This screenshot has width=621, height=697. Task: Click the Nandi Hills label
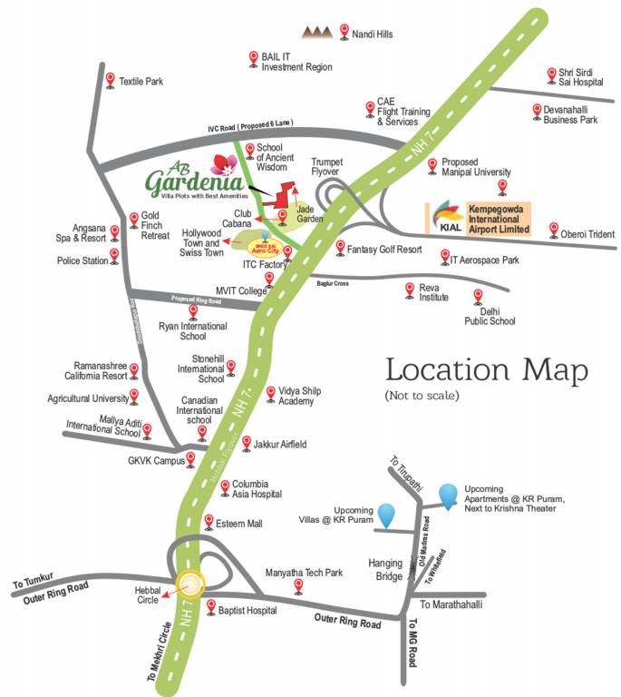tap(373, 34)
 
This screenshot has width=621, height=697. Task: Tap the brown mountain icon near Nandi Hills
tap(316, 33)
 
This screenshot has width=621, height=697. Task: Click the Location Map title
tap(487, 370)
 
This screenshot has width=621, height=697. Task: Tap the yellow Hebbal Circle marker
tap(191, 584)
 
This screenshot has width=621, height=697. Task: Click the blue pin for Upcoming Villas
tap(387, 514)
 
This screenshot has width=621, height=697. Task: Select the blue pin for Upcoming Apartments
tap(448, 494)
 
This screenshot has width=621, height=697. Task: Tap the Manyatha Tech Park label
tap(304, 573)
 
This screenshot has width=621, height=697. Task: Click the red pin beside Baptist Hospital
tap(210, 606)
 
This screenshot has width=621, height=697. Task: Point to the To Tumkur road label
tap(34, 576)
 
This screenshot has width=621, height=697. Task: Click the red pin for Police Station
tap(114, 255)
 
